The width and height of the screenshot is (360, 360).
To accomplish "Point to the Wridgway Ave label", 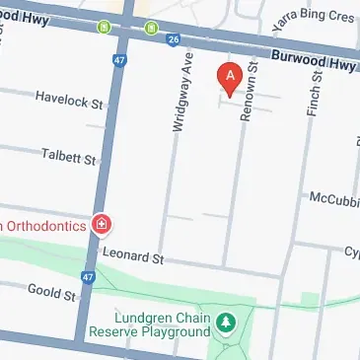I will (180, 87).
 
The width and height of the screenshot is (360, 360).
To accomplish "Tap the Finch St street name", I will (315, 94).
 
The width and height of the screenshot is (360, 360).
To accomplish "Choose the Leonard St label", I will (132, 257).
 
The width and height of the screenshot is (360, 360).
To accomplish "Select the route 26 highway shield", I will (174, 40).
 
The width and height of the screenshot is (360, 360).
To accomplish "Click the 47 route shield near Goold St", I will (89, 278).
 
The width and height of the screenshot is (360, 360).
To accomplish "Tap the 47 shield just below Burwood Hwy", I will (120, 60).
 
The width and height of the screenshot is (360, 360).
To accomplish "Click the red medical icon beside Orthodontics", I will (100, 226).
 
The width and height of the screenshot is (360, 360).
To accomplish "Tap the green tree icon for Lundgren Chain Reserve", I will (227, 322).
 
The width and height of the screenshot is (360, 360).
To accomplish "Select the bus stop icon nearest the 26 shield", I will (151, 27).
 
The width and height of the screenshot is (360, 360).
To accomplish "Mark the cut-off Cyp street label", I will (349, 252).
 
